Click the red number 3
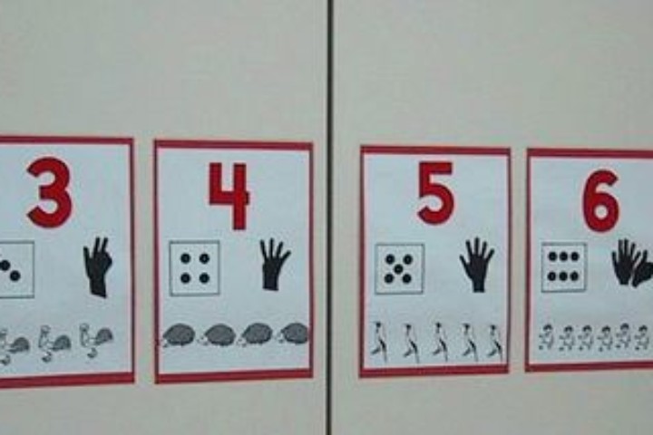[x=49, y=192]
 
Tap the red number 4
[x=229, y=195]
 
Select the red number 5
[x=435, y=192]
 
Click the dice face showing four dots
[x=194, y=268]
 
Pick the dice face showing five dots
[x=399, y=268]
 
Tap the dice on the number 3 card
[x=15, y=269]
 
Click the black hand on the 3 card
[x=98, y=266]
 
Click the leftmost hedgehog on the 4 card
[x=179, y=335]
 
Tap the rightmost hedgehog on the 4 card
[x=293, y=333]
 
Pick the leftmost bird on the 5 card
[x=379, y=341]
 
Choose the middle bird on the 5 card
[x=439, y=341]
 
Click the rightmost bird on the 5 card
[x=494, y=341]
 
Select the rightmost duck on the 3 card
[x=96, y=341]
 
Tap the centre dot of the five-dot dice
[x=399, y=268]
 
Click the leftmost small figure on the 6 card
[x=545, y=337]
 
